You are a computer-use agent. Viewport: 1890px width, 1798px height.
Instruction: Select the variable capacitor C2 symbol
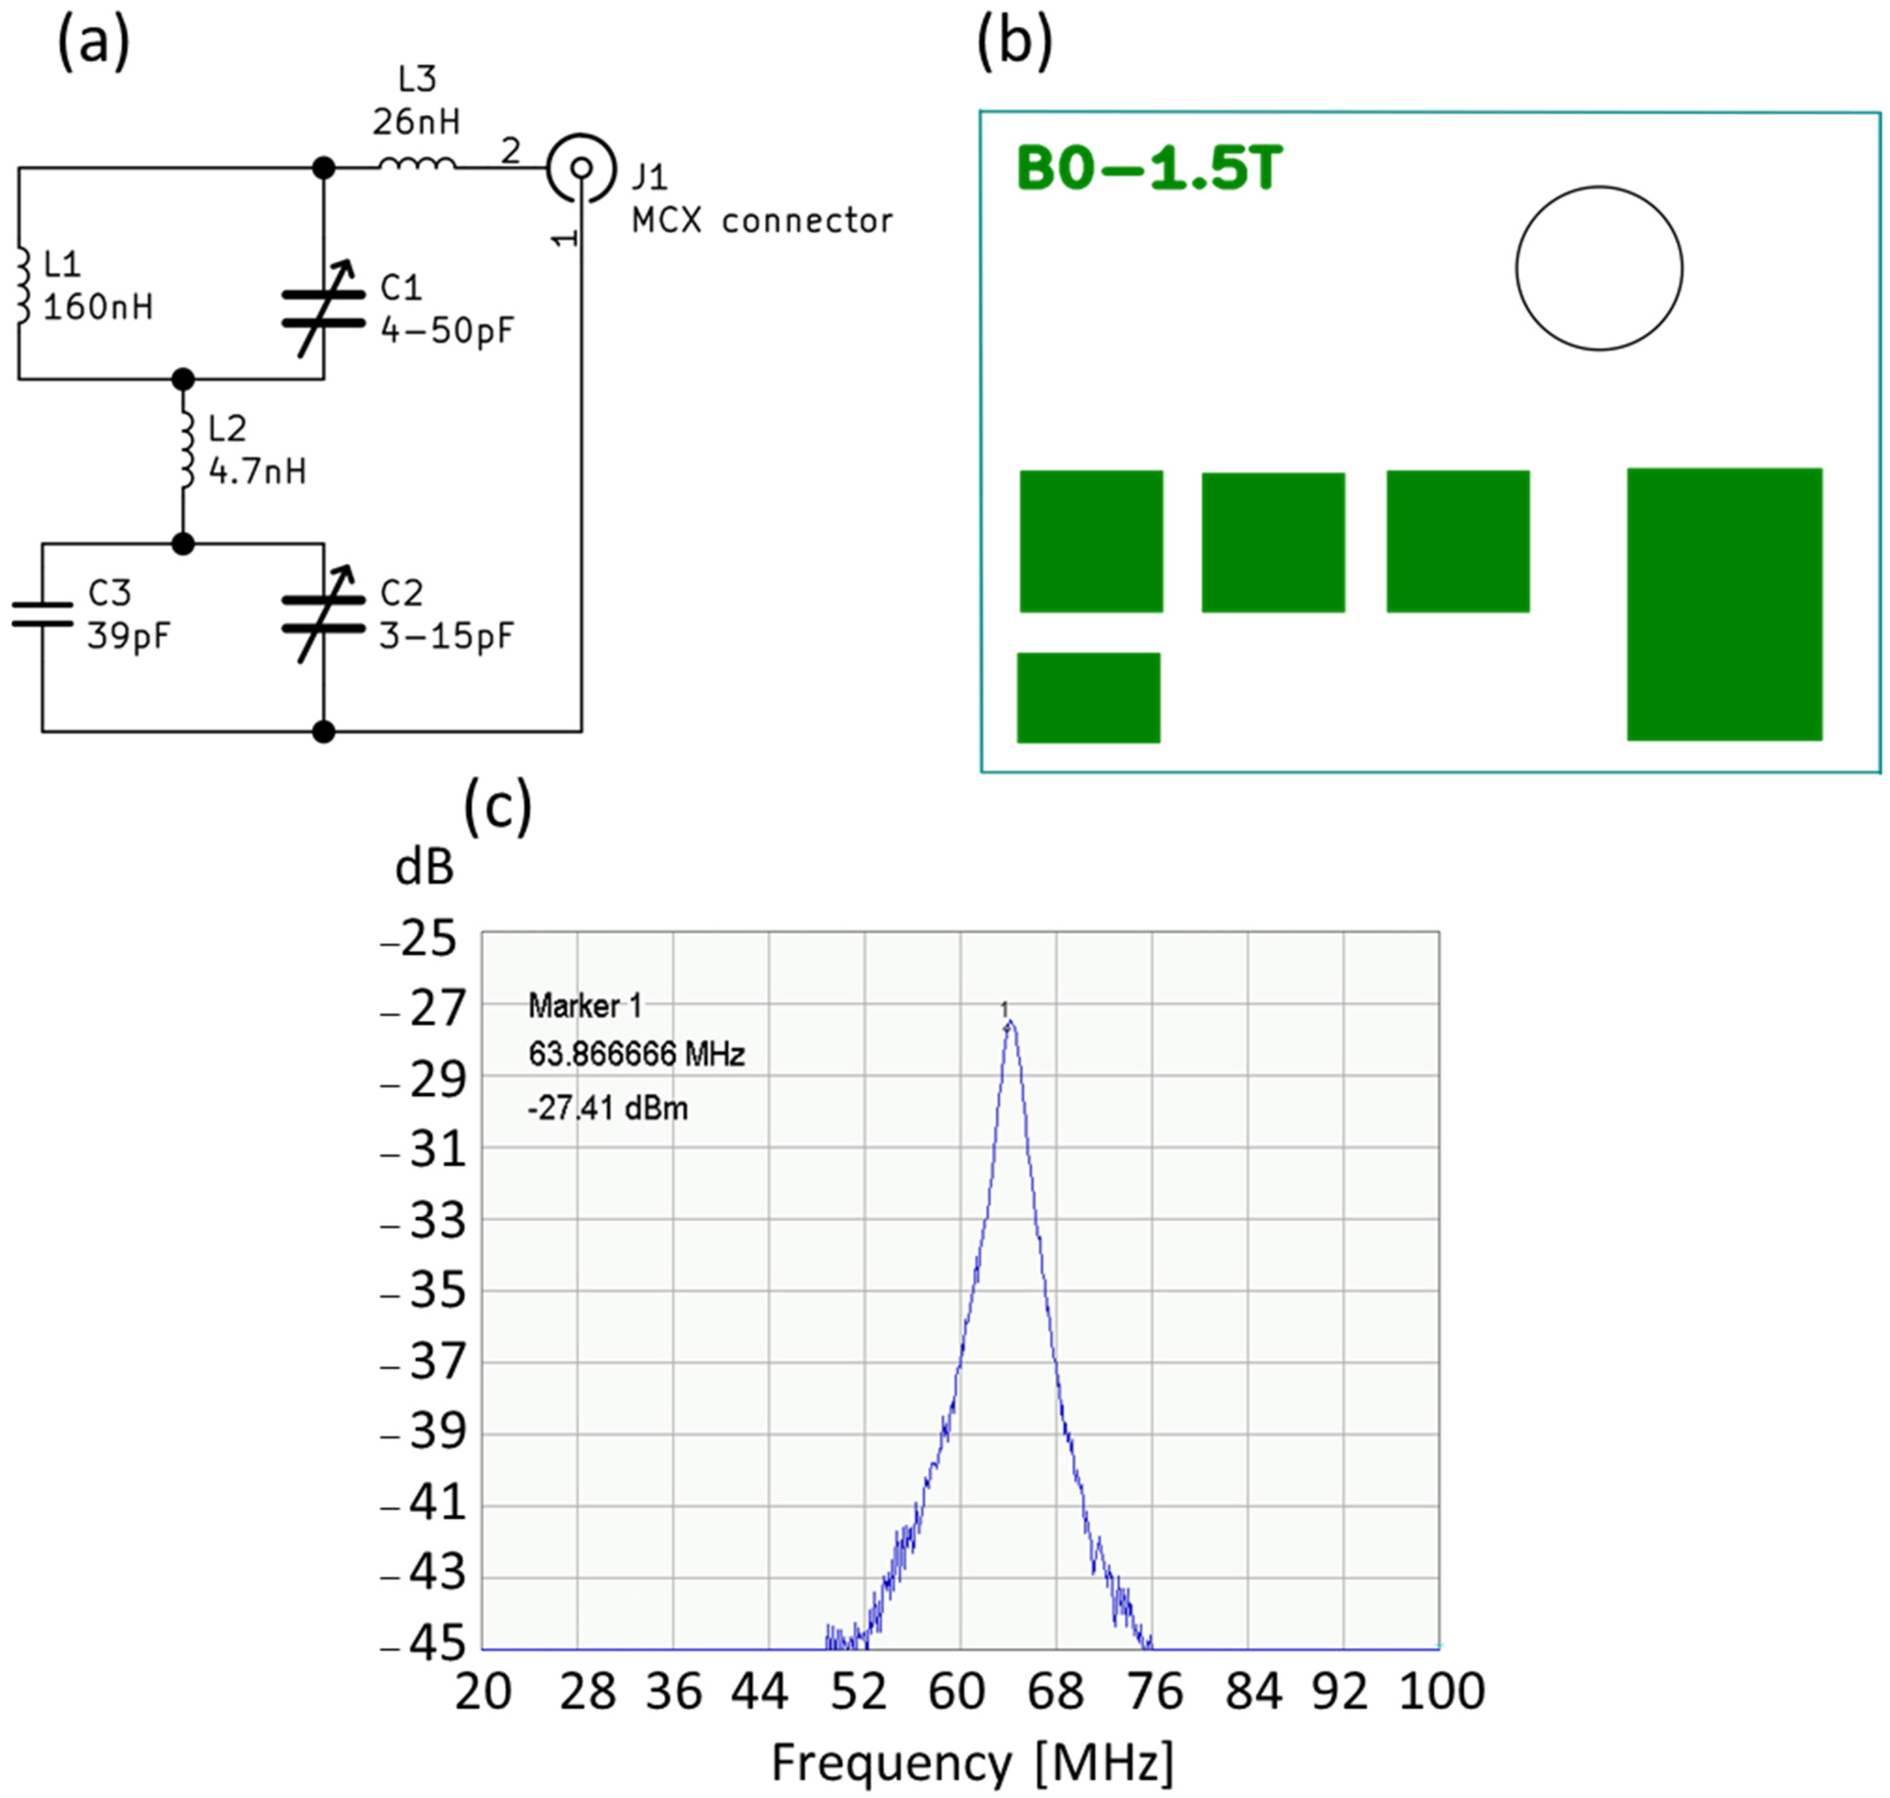pos(323,614)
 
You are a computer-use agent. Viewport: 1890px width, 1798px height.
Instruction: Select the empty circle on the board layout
pos(1599,268)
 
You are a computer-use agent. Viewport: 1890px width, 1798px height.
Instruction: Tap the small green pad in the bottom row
pos(1088,698)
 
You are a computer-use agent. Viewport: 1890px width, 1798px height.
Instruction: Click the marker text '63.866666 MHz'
pos(637,1055)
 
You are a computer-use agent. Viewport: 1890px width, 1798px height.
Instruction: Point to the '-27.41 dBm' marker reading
pos(608,1109)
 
